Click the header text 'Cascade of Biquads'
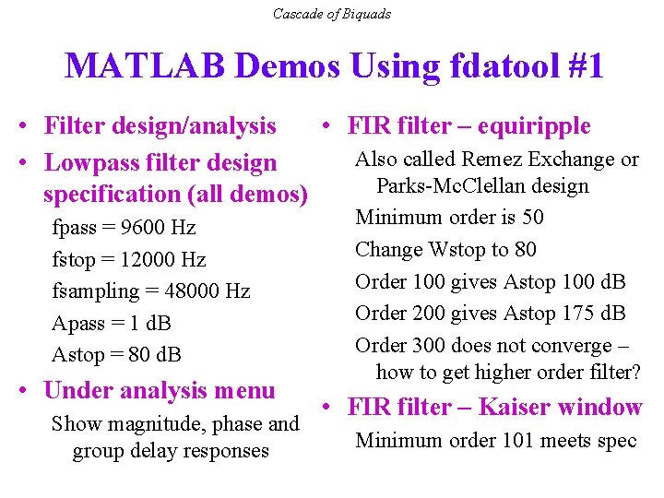pyautogui.click(x=332, y=14)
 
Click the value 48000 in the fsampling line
pyautogui.click(x=193, y=291)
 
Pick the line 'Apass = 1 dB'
pyautogui.click(x=112, y=324)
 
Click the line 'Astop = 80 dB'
pyautogui.click(x=116, y=355)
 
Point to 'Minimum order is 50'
pyautogui.click(x=449, y=218)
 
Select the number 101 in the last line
pyautogui.click(x=518, y=441)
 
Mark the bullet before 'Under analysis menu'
pyautogui.click(x=29, y=391)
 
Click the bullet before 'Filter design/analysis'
pyautogui.click(x=29, y=126)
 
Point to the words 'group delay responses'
pyautogui.click(x=171, y=451)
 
